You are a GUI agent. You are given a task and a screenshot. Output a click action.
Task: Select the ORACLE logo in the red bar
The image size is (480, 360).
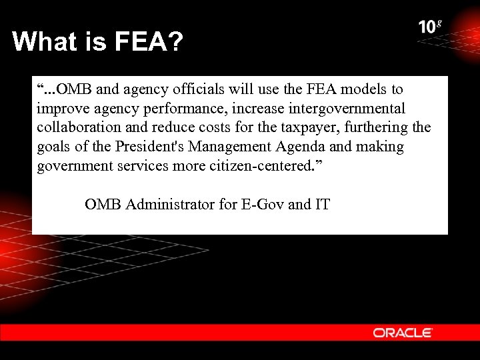[403, 333]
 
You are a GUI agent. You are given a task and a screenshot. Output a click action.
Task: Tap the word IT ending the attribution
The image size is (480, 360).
[322, 205]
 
